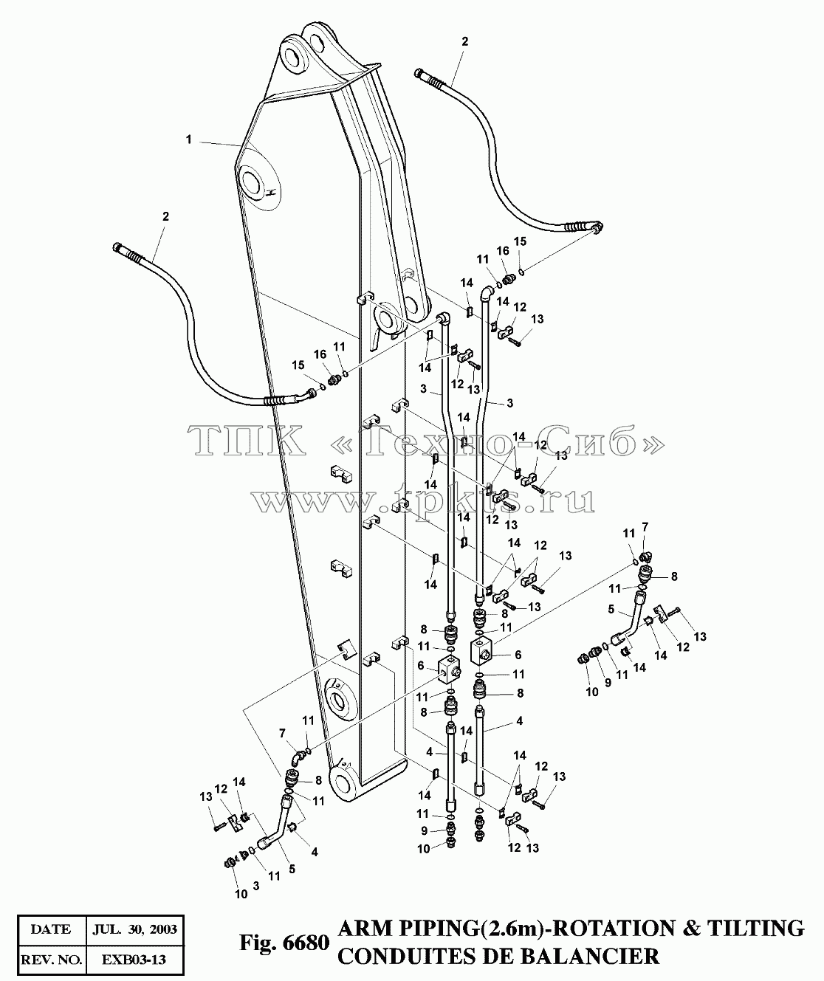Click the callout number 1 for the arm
point(188,140)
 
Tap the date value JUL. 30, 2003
point(135,929)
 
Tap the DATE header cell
point(51,929)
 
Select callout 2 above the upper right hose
point(464,41)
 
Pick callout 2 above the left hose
point(165,216)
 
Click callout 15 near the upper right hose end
point(520,241)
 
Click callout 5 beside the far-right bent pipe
point(611,610)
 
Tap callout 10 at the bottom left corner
point(241,894)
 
